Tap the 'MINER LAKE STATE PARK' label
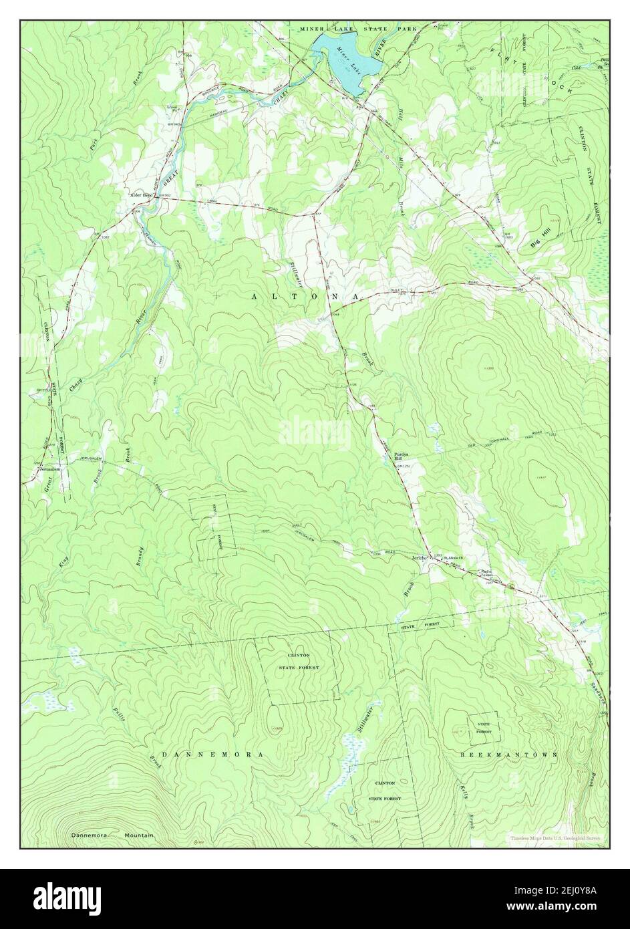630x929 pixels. coord(358,29)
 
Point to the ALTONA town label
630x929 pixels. coord(307,295)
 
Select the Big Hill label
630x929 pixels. coord(542,237)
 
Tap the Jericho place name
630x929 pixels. coord(419,559)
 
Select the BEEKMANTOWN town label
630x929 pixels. coord(509,753)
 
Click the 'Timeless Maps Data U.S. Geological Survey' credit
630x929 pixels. coord(556,837)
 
